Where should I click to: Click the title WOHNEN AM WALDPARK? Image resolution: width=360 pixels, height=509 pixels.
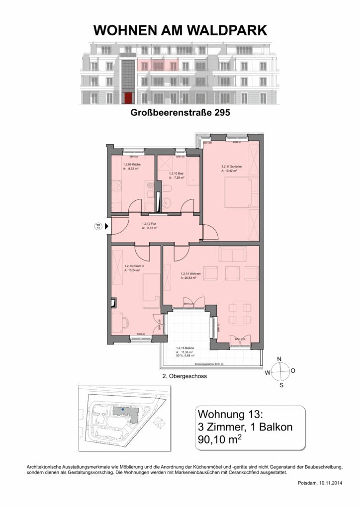click(x=180, y=31)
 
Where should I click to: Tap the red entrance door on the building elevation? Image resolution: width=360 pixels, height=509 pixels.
click(x=128, y=97)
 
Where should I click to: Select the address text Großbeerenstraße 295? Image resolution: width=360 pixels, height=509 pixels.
click(x=180, y=113)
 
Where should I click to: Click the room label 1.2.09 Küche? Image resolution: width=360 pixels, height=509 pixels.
click(x=131, y=165)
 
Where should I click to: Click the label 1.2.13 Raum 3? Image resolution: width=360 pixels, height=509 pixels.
click(x=134, y=266)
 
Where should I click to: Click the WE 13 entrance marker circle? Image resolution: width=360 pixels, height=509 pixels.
click(x=97, y=227)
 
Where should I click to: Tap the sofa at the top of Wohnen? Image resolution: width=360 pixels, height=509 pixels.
click(x=232, y=255)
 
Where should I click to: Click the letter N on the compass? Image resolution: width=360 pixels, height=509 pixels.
click(x=279, y=359)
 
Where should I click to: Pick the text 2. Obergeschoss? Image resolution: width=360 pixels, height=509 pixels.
click(x=184, y=376)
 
